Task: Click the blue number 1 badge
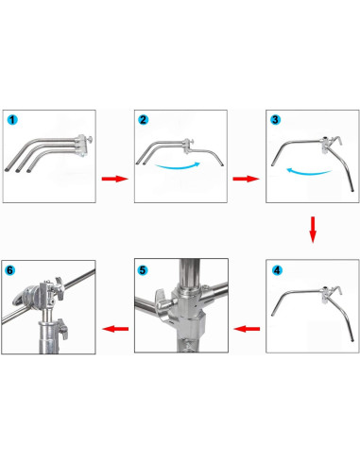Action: point(13,121)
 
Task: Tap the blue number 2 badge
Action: point(144,121)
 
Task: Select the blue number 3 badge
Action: point(275,121)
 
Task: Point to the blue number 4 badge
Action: point(276,269)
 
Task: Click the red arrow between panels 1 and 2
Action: point(112,178)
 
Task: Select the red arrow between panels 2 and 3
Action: point(245,178)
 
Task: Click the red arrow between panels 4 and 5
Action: point(247,329)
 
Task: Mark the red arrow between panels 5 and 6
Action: point(114,329)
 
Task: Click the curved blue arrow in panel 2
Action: point(180,167)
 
